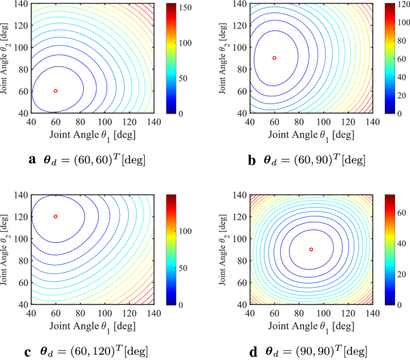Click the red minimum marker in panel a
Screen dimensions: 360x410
[x=56, y=91]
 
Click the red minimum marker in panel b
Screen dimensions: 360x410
[x=274, y=58]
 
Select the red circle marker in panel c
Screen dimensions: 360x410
[x=56, y=216]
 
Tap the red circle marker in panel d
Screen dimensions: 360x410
[x=311, y=249]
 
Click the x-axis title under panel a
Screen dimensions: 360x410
[x=93, y=135]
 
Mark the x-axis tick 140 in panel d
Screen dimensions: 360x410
[x=372, y=313]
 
